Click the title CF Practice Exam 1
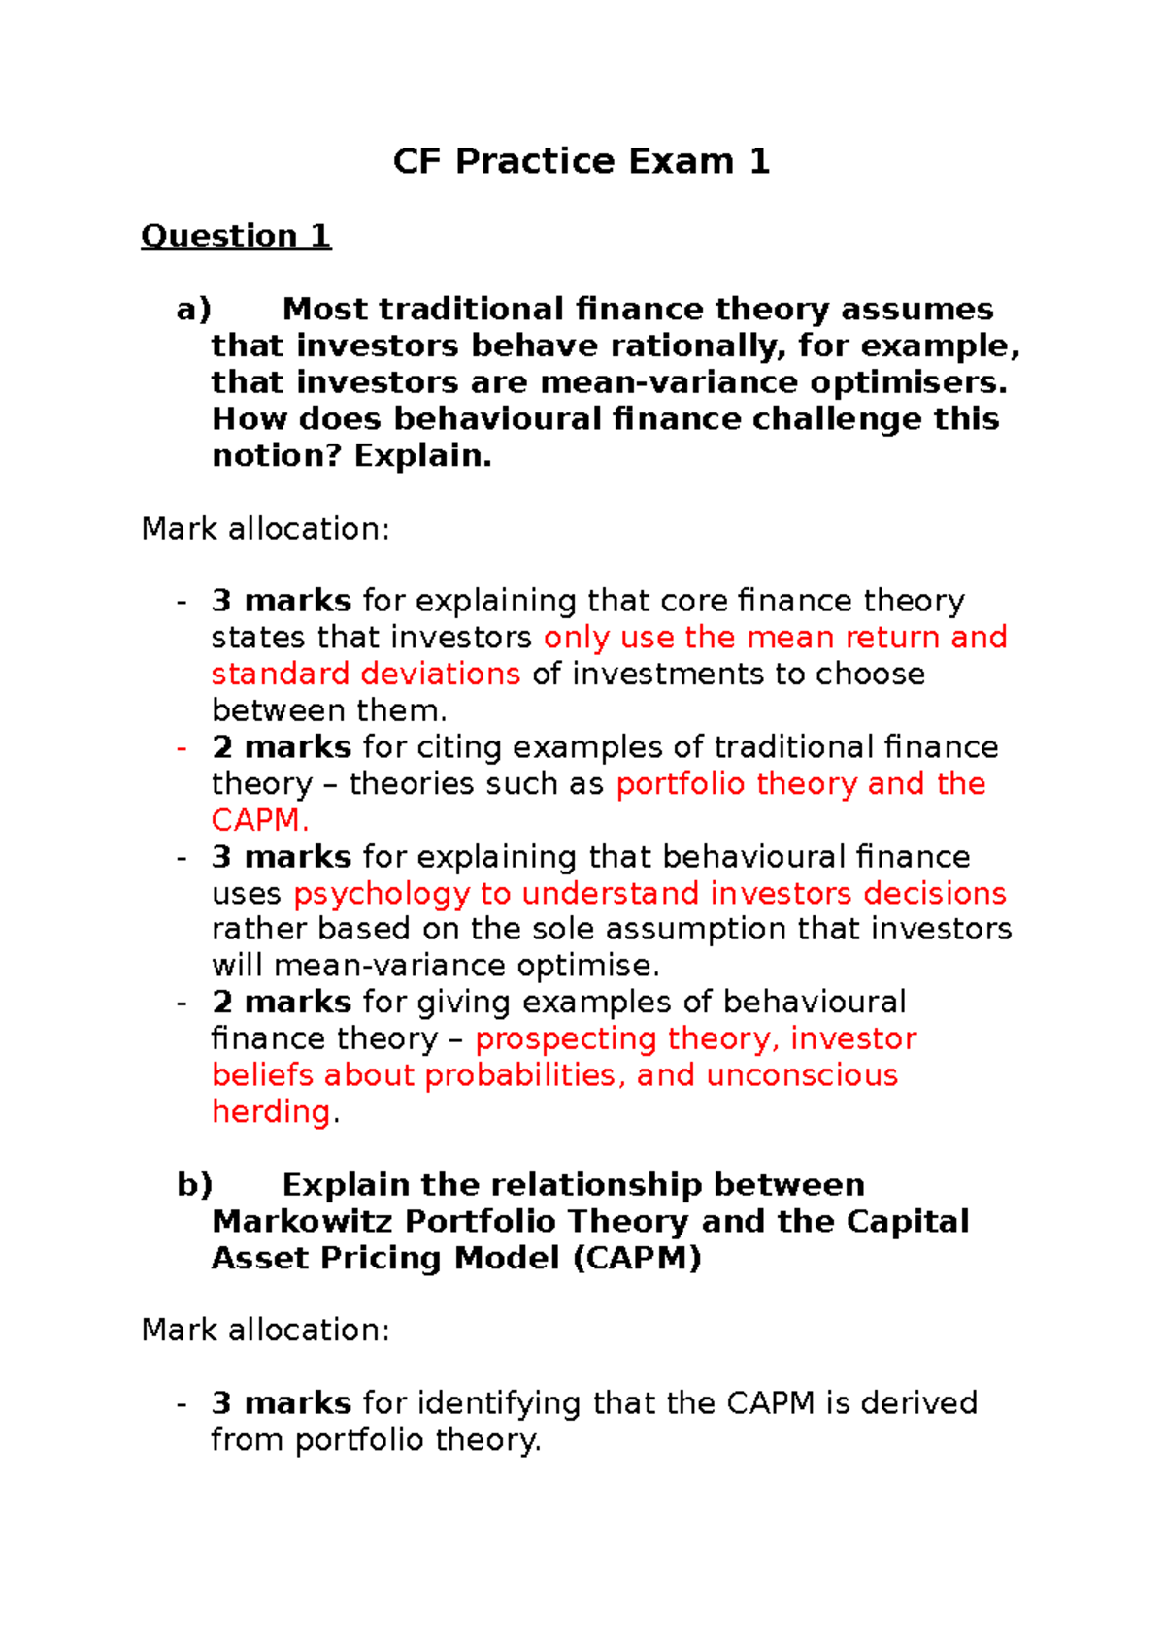(582, 161)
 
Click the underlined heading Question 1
(236, 236)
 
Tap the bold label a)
(193, 310)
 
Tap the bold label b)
(194, 1185)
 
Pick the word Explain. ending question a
(422, 455)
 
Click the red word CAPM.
(260, 820)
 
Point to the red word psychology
(382, 893)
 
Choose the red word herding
(271, 1111)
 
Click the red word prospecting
(566, 1038)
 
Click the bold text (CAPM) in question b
(637, 1258)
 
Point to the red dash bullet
(182, 747)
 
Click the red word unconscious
(802, 1075)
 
